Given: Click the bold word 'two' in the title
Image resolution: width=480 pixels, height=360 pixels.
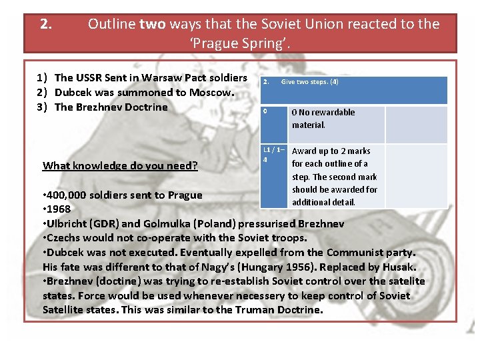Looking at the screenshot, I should coord(152,25).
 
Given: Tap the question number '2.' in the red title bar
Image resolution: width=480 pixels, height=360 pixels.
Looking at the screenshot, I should coord(46,25).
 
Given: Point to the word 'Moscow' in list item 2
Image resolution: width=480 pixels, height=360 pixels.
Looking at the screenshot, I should coord(213,93).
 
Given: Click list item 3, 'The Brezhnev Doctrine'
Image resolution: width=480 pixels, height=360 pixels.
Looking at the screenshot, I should coord(111,107).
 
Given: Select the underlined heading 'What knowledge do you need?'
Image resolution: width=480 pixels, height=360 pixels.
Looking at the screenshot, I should coord(120,165).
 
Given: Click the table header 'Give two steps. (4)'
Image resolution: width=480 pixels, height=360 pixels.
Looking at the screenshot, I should coord(309,82).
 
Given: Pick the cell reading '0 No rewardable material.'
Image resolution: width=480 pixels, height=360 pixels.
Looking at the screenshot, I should coord(323,119).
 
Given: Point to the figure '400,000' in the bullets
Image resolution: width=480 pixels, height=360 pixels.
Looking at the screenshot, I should coord(68,195).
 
